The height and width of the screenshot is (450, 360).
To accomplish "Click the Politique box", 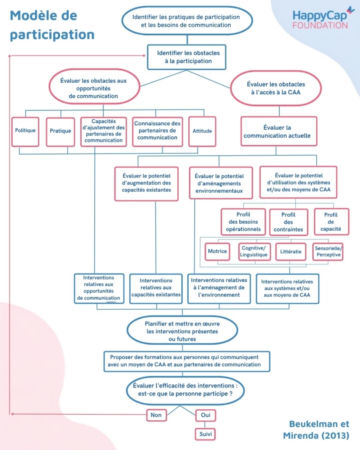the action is pos(25,132).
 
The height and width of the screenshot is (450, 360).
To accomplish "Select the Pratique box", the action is pos(60,132).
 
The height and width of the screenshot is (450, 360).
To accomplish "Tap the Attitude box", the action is pos(202,132).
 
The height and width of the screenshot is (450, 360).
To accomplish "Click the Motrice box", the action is pos(217,251).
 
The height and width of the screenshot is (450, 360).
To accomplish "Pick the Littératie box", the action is pos(291,252).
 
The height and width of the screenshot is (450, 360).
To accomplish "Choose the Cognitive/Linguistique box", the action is pos(254,252).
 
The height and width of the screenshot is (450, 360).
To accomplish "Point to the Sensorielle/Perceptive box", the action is pos(328,252).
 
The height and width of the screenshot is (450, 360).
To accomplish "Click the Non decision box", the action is pos(156,415).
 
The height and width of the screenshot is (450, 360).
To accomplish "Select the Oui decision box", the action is pos(205,415).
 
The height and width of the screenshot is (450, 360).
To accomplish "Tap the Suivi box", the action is pos(205,434).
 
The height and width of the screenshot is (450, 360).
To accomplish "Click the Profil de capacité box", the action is pos(332,222).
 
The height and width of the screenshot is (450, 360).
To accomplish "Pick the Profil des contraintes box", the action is pos(288,222).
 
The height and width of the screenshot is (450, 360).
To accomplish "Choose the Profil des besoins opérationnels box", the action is pos(243,222).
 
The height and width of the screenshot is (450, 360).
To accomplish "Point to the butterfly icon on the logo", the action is pos(351,10).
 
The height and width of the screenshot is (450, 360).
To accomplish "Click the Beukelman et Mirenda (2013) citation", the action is pos(316,429).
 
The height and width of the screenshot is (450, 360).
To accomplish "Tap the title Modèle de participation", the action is pos(52,25).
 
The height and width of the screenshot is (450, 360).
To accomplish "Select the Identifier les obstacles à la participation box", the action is pos(187,57).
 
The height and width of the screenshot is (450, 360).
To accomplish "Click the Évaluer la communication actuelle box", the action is pos(279,132).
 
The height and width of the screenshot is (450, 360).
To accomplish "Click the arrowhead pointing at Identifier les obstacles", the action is pos(144,55).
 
